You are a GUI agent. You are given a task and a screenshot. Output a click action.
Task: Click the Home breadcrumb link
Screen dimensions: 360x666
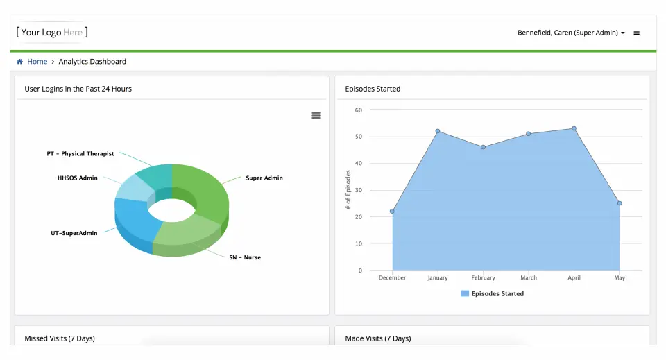[x=37, y=62]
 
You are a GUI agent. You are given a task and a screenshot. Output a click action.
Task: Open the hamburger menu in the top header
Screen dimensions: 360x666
[x=637, y=33]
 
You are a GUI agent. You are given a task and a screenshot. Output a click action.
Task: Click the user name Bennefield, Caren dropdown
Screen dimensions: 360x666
[x=571, y=33]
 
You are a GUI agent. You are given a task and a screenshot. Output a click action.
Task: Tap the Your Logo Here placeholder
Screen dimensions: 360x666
[x=52, y=32]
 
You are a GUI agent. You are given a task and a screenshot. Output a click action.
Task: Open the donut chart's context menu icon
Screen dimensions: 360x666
[x=316, y=115]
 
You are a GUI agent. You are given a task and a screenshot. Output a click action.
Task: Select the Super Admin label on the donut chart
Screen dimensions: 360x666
[x=264, y=178]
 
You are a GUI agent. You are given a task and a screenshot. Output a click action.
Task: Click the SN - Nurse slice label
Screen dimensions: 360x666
[x=245, y=257]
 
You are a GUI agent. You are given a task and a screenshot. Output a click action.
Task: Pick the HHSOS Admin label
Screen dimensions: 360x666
[x=78, y=178]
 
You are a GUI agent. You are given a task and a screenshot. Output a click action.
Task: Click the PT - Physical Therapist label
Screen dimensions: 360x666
[x=80, y=153]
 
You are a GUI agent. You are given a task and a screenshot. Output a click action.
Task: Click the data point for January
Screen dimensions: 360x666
[x=438, y=131]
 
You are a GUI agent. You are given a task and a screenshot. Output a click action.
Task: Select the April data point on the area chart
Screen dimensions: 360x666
[x=574, y=128]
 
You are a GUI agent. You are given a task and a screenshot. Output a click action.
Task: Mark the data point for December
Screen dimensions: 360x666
[x=392, y=212]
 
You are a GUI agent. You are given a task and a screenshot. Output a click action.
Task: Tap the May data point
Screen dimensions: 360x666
[x=620, y=203]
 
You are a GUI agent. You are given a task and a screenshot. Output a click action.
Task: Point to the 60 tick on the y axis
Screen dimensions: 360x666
[x=358, y=110]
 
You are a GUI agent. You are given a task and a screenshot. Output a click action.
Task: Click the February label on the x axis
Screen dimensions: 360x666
[x=483, y=278]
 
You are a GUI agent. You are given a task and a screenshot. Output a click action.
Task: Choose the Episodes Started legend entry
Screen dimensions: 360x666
[x=493, y=293]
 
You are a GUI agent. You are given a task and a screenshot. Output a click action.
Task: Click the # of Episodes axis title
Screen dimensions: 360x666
[x=348, y=190]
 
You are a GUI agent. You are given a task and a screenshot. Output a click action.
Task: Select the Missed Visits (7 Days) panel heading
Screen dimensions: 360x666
[x=60, y=338]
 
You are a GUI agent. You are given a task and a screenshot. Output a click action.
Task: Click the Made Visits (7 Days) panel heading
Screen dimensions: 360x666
[x=378, y=338]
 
